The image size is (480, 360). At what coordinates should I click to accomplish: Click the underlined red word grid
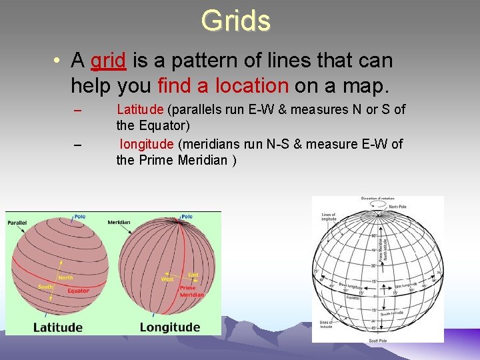(108, 61)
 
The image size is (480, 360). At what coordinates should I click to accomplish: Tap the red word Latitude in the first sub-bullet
(141, 109)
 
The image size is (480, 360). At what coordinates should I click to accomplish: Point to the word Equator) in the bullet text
(165, 125)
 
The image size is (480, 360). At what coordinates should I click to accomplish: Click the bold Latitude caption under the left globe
(58, 327)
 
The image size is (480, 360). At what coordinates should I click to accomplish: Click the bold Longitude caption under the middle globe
(169, 327)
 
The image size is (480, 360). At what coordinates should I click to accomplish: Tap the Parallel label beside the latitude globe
(17, 222)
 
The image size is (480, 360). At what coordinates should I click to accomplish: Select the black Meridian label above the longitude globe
(118, 222)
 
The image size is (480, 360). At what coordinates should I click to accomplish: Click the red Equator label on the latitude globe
(77, 291)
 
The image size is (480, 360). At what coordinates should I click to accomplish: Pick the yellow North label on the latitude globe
(65, 278)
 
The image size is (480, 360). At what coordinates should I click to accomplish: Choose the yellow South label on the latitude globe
(45, 287)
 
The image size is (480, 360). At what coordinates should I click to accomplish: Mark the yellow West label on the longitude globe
(167, 279)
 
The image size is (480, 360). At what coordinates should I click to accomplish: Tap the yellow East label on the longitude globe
(193, 274)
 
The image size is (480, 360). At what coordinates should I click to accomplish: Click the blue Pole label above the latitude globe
(79, 217)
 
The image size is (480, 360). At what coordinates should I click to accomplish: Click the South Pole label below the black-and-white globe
(377, 341)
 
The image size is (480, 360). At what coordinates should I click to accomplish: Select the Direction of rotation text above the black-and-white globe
(379, 199)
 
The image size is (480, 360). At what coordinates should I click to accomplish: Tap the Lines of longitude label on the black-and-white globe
(329, 217)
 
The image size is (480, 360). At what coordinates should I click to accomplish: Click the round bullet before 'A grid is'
(59, 61)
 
